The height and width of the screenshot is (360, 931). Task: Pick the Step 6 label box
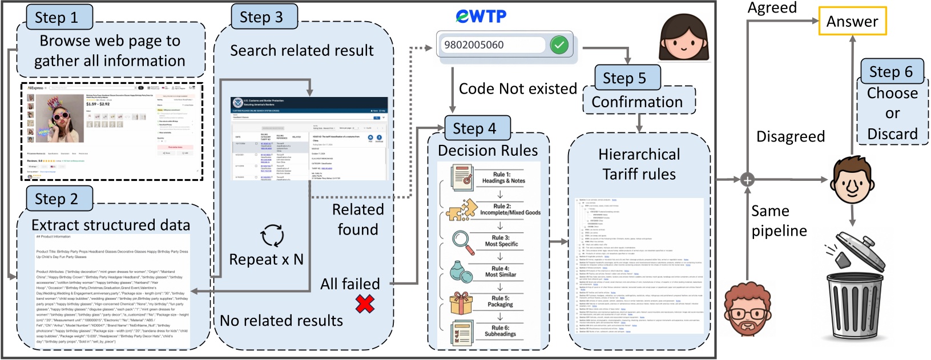891,72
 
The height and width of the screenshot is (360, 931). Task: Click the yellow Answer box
852,21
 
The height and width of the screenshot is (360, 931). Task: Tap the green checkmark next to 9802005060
559,45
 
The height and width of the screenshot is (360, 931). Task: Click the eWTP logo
481,16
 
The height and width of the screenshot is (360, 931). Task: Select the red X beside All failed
365,304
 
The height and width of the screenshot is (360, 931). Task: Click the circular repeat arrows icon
272,235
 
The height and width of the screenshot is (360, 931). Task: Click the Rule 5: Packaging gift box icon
461,302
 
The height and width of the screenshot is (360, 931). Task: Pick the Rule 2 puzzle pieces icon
461,210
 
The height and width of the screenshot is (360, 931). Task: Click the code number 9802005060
474,45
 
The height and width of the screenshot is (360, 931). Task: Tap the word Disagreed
790,136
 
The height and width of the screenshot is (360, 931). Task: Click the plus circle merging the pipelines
747,180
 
